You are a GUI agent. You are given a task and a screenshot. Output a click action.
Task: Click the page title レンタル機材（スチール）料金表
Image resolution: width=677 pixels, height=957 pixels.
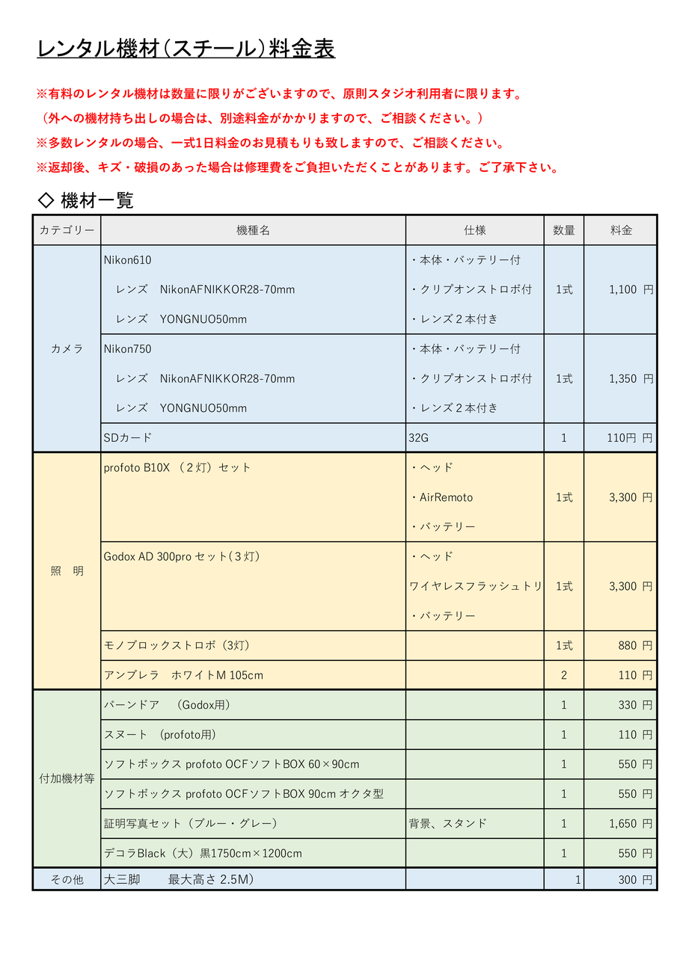186,49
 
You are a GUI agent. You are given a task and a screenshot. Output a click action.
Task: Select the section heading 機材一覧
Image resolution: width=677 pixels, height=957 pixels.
97,200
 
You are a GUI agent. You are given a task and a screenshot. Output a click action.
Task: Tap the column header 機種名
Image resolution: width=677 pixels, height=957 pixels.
253,230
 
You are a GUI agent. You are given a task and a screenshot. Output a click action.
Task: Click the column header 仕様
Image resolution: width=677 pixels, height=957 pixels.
474,230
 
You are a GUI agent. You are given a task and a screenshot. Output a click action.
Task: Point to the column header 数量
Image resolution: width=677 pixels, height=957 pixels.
563,230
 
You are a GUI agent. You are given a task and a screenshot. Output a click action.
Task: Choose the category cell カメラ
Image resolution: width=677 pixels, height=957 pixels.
67,348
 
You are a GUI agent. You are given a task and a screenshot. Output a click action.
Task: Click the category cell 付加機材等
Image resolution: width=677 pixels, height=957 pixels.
67,778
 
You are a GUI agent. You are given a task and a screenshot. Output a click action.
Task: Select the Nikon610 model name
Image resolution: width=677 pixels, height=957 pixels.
128,260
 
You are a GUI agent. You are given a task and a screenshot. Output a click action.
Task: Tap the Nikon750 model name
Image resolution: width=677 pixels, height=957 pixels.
128,349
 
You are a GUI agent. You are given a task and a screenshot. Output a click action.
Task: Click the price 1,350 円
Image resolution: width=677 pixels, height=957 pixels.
631,379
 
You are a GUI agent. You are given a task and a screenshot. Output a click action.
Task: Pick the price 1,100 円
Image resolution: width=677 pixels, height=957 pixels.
631,289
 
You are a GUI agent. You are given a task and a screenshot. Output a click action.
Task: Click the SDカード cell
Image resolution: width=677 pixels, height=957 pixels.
128,438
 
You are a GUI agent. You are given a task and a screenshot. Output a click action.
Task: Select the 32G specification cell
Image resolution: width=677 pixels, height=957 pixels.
419,438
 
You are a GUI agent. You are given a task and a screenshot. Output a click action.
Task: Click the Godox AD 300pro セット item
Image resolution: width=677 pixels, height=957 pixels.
182,556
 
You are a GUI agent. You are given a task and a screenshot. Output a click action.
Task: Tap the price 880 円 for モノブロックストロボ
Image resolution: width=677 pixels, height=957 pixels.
635,645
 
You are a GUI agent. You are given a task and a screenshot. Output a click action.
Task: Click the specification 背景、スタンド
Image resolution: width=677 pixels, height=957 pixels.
447,823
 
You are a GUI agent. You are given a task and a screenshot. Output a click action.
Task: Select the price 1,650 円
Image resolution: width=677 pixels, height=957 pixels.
631,823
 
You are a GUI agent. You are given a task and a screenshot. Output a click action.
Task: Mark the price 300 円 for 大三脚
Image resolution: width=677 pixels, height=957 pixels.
635,880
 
